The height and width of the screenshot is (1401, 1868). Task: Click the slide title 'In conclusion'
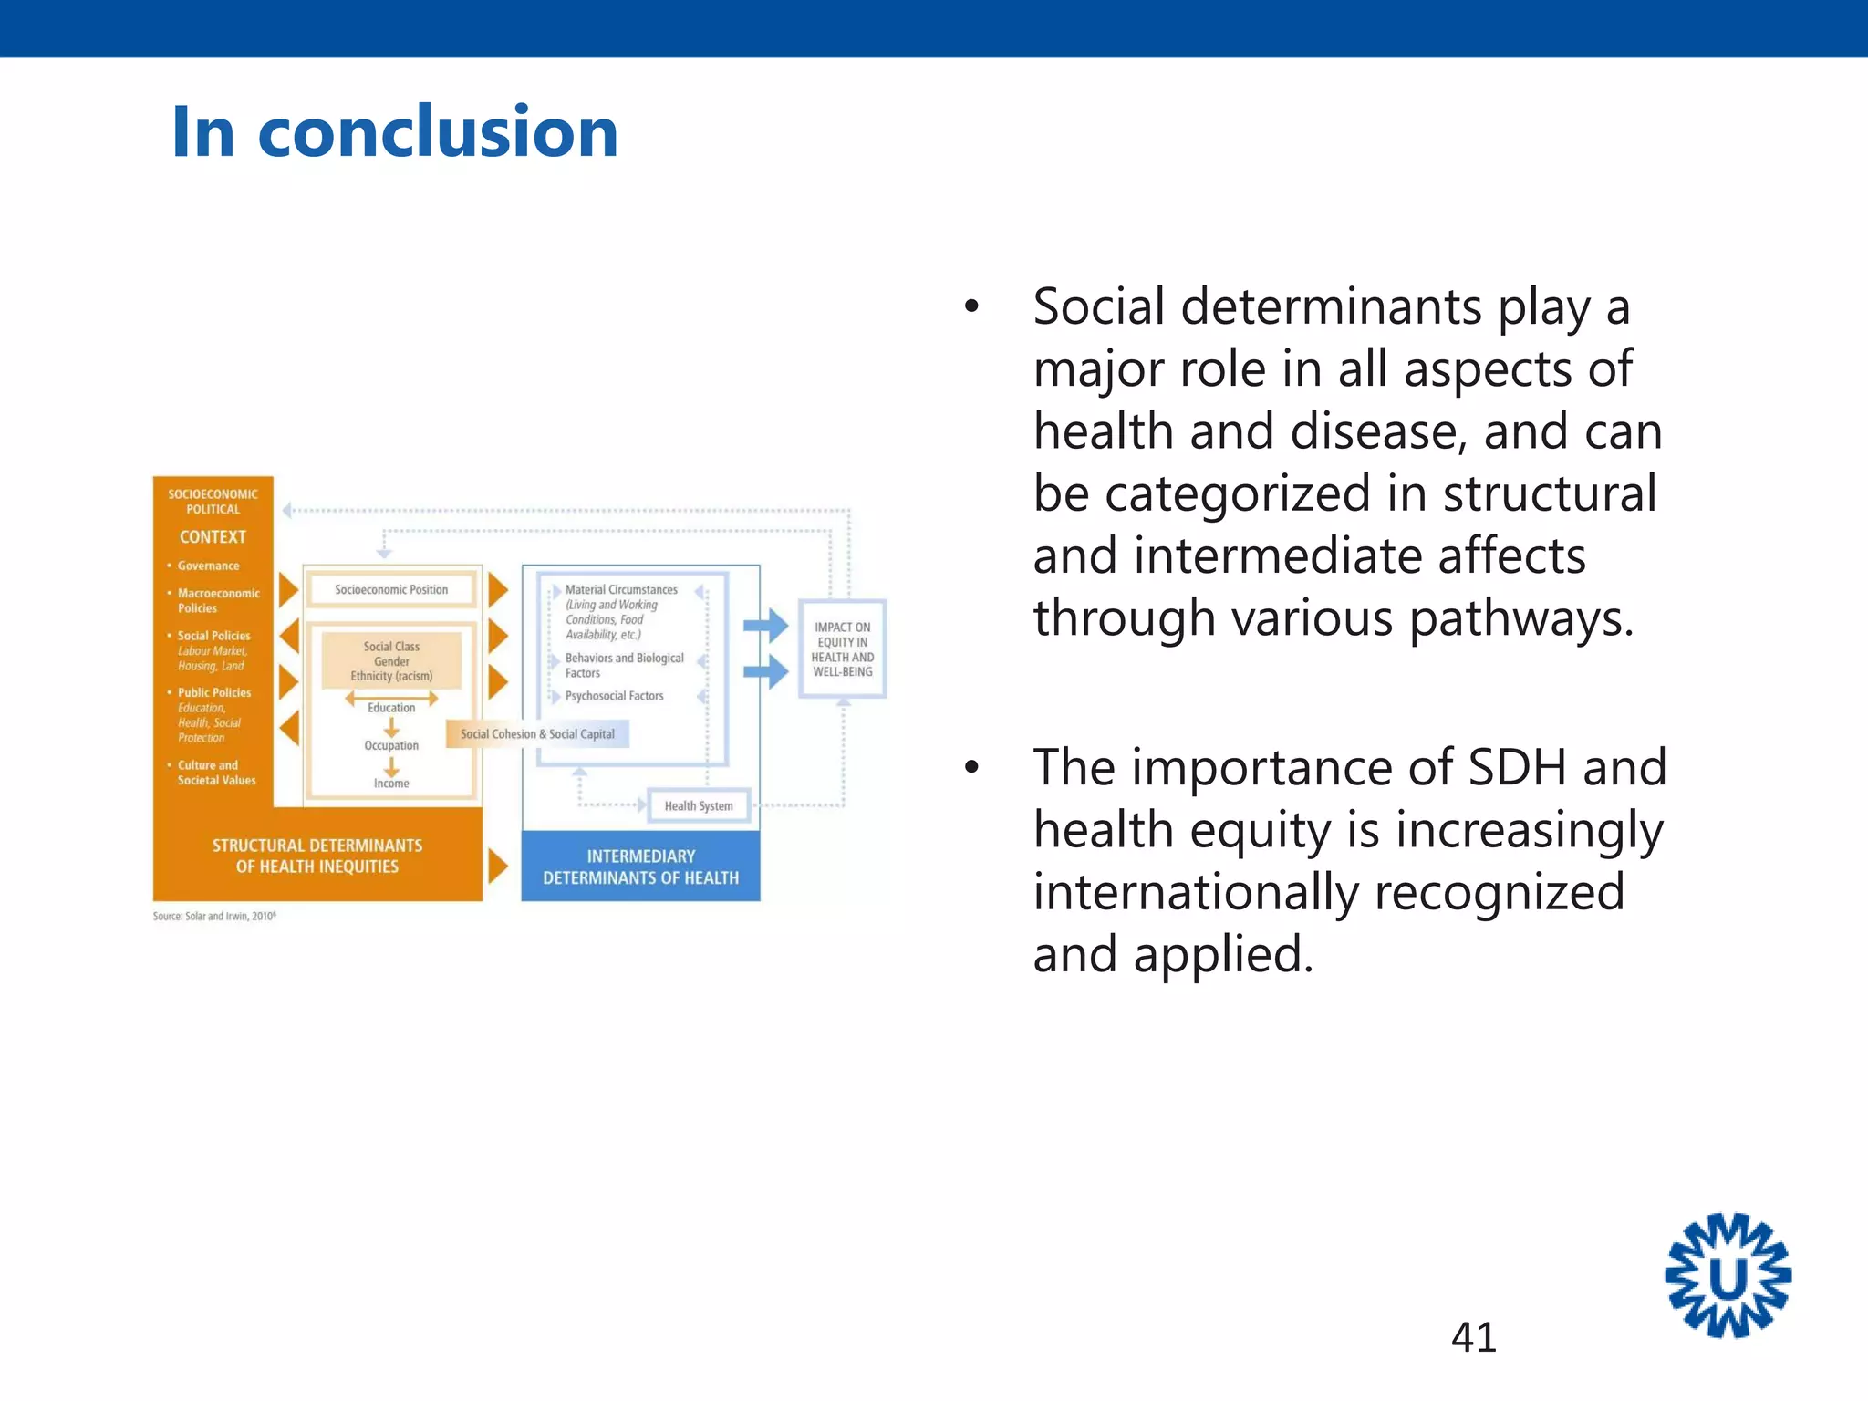(x=394, y=132)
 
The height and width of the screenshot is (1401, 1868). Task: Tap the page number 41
(x=1473, y=1337)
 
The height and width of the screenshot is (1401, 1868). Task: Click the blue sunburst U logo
(x=1728, y=1276)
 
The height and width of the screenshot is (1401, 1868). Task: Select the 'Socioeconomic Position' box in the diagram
(x=391, y=590)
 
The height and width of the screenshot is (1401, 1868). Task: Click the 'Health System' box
(x=699, y=806)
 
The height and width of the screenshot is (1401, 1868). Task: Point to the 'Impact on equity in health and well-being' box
(x=842, y=649)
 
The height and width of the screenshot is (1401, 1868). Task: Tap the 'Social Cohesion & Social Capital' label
(x=537, y=734)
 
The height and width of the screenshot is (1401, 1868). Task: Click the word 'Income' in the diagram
(x=391, y=784)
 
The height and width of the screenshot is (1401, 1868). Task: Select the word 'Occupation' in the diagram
(x=391, y=745)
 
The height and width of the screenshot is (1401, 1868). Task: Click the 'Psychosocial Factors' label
(x=614, y=696)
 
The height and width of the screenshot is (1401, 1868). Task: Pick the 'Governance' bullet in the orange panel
(x=208, y=566)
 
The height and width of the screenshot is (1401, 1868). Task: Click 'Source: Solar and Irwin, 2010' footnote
(x=214, y=916)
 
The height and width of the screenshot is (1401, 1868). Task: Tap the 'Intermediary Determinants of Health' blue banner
(x=640, y=867)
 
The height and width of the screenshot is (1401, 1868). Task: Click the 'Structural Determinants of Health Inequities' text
(x=317, y=856)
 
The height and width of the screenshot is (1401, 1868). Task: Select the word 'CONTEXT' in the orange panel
(x=213, y=537)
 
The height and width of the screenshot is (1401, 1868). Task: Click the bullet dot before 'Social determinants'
(x=971, y=307)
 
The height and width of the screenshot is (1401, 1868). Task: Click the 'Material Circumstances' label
(x=621, y=590)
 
